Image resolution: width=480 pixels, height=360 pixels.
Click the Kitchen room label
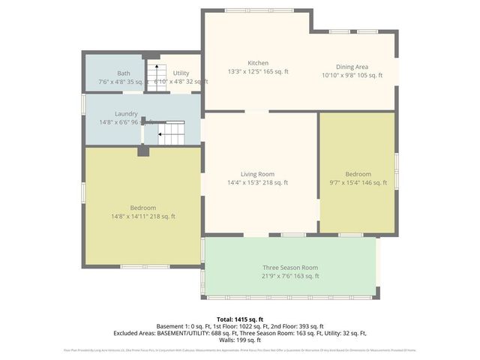[258, 63]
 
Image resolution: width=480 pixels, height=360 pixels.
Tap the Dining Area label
[352, 66]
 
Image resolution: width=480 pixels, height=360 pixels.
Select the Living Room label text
[258, 173]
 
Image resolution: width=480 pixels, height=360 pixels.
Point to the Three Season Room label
[290, 267]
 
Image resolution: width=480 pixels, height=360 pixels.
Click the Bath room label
[123, 73]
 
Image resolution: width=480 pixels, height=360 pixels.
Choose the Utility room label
[181, 73]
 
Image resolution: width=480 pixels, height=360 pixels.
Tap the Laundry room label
[126, 113]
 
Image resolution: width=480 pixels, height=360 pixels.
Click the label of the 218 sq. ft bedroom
[142, 208]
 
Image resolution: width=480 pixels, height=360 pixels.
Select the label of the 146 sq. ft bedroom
[358, 173]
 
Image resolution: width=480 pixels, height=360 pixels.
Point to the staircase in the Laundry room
[172, 134]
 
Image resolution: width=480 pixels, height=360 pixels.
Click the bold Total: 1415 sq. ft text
[239, 319]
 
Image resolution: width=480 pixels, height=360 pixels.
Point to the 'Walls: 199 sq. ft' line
[239, 340]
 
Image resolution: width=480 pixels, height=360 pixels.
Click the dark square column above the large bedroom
[143, 151]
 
